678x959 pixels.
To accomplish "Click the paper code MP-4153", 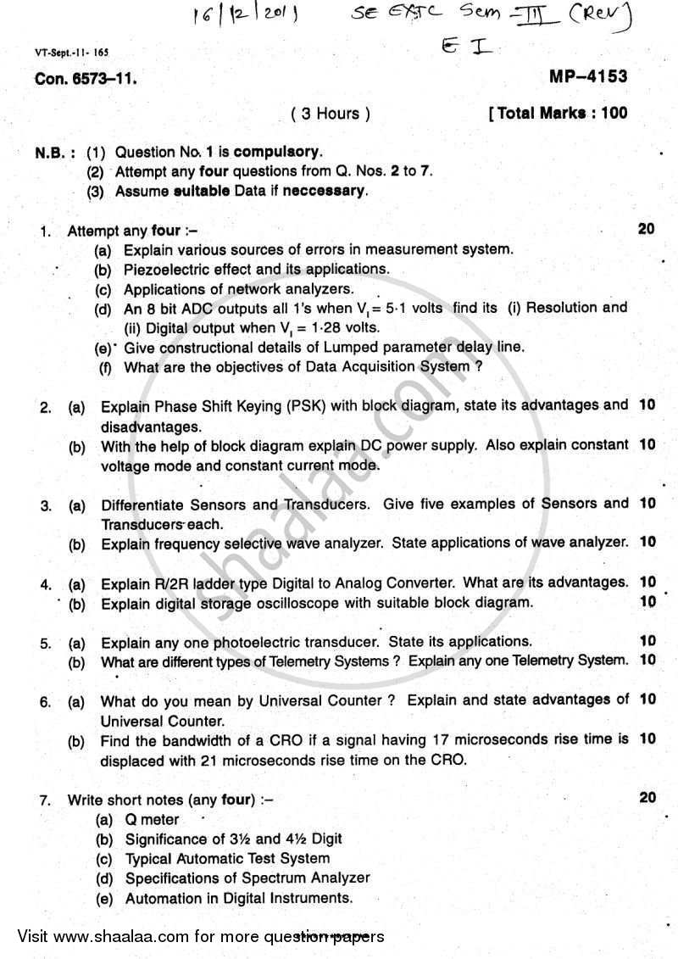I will coord(589,77).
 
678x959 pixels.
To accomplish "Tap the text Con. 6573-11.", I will coord(85,80).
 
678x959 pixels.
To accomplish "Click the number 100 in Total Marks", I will coord(612,113).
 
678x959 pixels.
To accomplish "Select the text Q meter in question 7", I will coord(152,819).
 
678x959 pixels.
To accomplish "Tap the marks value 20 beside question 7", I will coord(646,797).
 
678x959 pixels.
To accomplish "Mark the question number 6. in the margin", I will coord(47,701).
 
